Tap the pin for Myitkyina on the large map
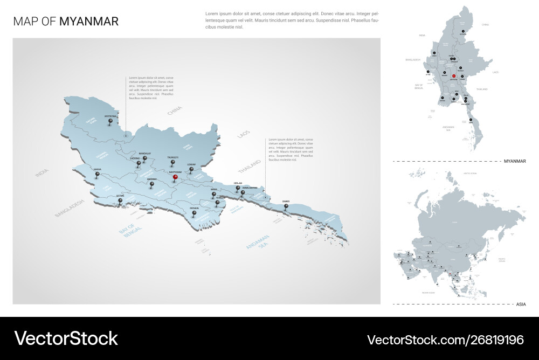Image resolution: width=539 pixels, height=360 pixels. pyautogui.click(x=110, y=122)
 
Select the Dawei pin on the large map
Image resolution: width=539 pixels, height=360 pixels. pyautogui.click(x=286, y=206)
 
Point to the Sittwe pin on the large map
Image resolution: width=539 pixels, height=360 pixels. pyautogui.click(x=120, y=202)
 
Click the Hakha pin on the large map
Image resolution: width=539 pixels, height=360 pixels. pyautogui.click(x=98, y=175)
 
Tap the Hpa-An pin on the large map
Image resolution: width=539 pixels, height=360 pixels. pyautogui.click(x=238, y=189)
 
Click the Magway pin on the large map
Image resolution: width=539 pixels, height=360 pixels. pyautogui.click(x=152, y=184)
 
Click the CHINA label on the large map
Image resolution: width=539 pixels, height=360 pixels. pyautogui.click(x=175, y=111)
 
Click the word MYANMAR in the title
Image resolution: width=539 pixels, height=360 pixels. pyautogui.click(x=89, y=22)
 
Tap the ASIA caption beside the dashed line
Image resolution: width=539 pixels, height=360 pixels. pyautogui.click(x=521, y=304)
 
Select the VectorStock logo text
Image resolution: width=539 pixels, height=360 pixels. pyautogui.click(x=66, y=338)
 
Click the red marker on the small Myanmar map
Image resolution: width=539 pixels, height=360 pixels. pyautogui.click(x=454, y=76)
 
